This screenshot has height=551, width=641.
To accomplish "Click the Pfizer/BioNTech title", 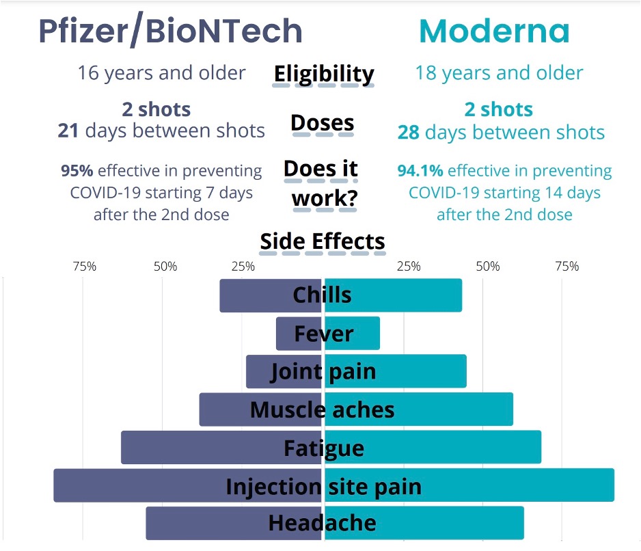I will pyautogui.click(x=169, y=31).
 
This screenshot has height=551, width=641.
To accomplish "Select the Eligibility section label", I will pyautogui.click(x=323, y=74).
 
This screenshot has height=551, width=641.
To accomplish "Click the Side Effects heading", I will pyautogui.click(x=323, y=241).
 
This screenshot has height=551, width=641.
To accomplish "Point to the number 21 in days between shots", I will pyautogui.click(x=68, y=131).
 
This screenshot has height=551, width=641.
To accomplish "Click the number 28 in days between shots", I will pyautogui.click(x=408, y=133).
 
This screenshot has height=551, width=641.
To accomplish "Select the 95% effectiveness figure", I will pyautogui.click(x=77, y=170).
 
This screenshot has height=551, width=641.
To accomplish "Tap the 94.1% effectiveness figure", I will pyautogui.click(x=420, y=170).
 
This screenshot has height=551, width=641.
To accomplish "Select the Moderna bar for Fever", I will pyautogui.click(x=362, y=334).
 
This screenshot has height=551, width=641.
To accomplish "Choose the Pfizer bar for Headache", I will pyautogui.click(x=205, y=523).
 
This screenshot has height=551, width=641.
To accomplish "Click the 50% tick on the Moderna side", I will pyautogui.click(x=488, y=266).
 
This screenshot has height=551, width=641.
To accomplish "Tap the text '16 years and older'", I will pyautogui.click(x=161, y=73).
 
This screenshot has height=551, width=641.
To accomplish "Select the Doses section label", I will pyautogui.click(x=323, y=123).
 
